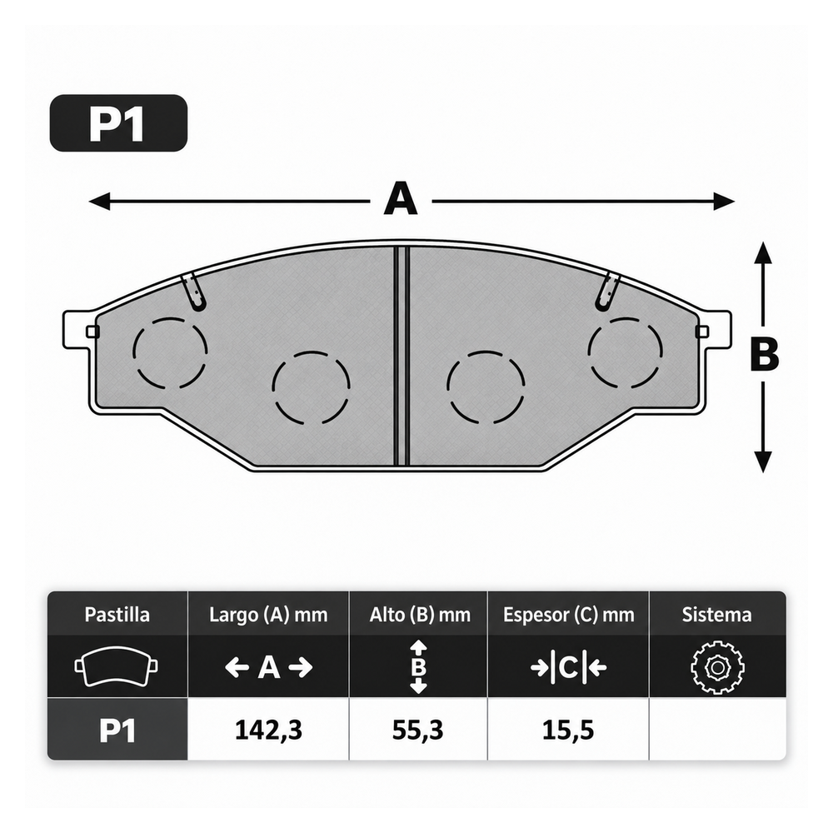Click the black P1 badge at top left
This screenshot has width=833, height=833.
coord(118,123)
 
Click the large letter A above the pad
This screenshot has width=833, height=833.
coord(401,198)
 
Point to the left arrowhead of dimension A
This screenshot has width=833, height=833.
coord(99,202)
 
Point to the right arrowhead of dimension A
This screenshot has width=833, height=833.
coord(724,202)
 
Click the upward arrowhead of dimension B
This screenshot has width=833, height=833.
coord(763,252)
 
